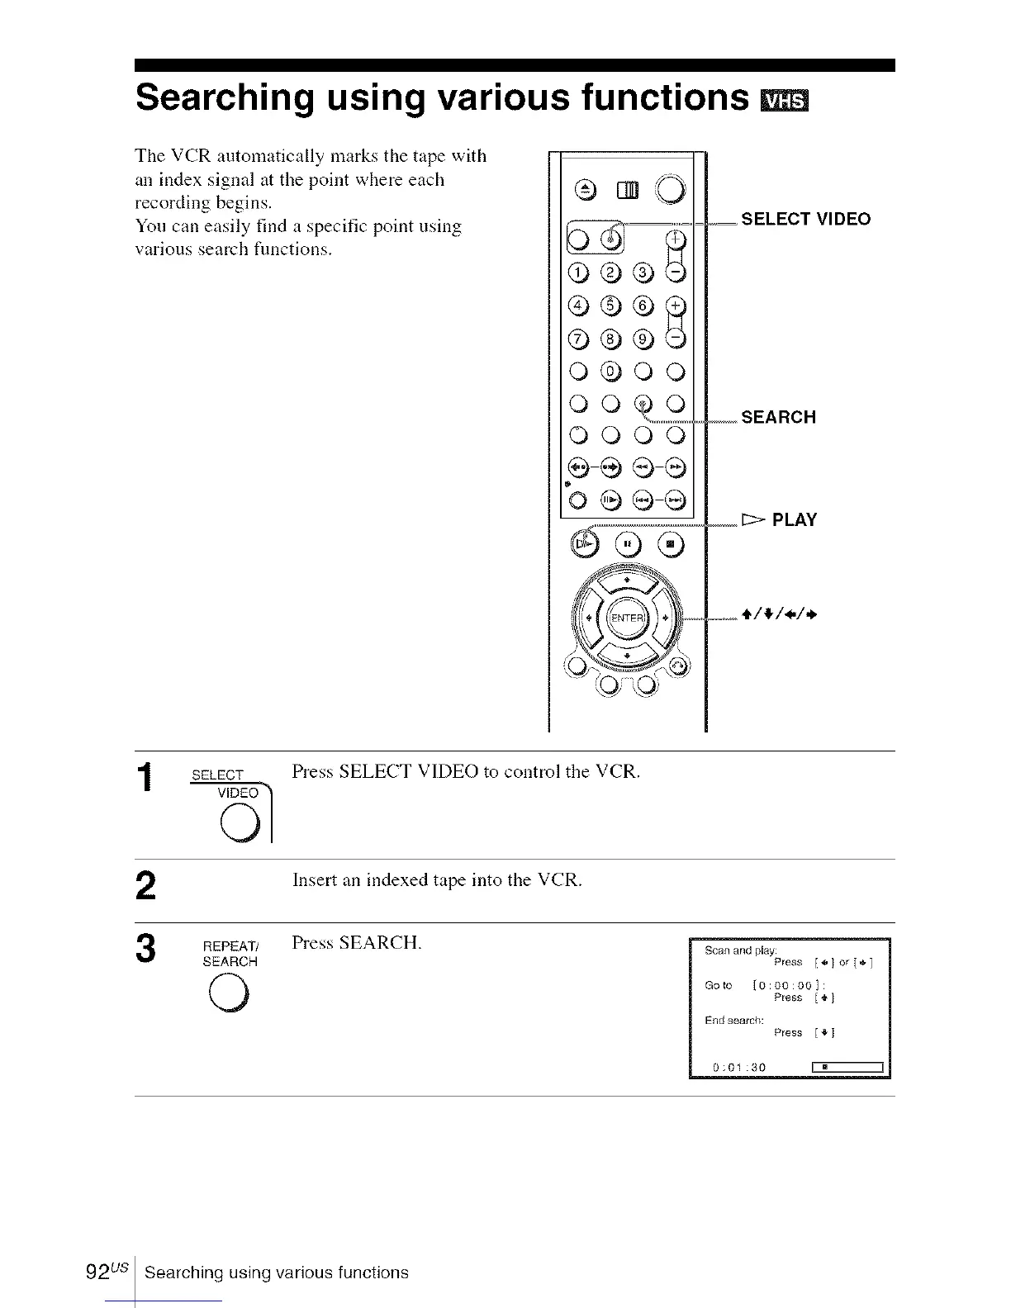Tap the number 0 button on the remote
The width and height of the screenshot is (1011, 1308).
point(610,372)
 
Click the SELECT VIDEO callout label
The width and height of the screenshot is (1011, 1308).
point(805,219)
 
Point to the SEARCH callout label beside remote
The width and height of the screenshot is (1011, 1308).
point(778,417)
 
